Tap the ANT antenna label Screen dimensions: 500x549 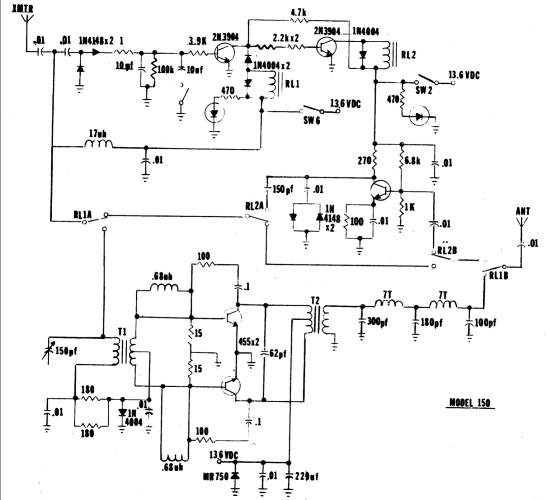(x=523, y=211)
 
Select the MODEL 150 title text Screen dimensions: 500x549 (x=470, y=402)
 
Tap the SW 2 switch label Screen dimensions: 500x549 (x=424, y=91)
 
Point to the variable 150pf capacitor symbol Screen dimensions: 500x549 (x=52, y=351)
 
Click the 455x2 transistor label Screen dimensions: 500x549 (x=248, y=342)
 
